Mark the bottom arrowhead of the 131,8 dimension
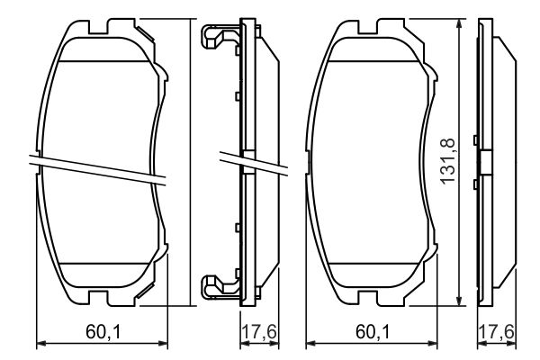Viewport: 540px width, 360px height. (x=463, y=302)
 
